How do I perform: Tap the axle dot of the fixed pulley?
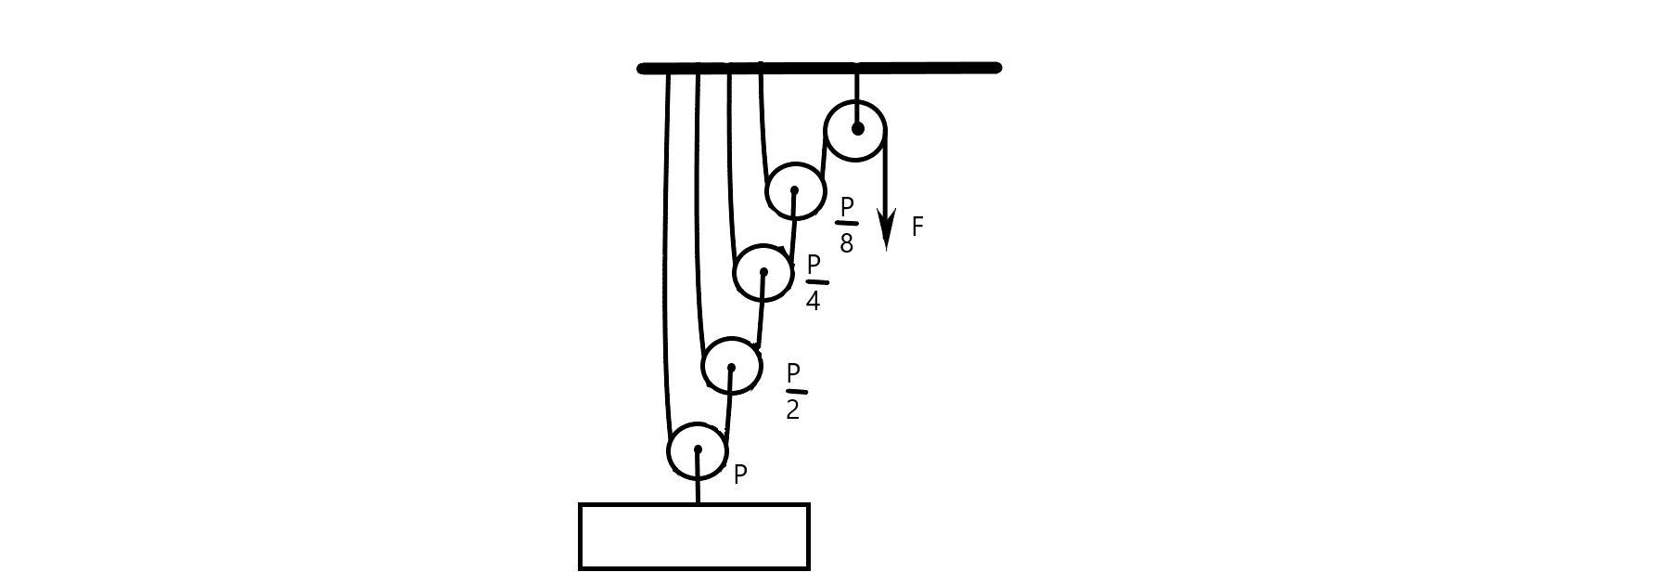[857, 129]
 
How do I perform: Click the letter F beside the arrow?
[917, 227]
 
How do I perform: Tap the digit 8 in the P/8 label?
[846, 243]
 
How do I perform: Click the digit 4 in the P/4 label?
[813, 301]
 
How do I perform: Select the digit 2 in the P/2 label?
[793, 409]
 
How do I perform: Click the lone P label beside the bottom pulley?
[740, 474]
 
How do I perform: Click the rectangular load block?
[695, 537]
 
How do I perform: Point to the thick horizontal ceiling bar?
[819, 68]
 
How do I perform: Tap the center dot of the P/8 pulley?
[794, 190]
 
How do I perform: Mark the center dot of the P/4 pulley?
[763, 272]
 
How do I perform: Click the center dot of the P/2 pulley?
[732, 368]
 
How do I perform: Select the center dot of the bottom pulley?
[698, 449]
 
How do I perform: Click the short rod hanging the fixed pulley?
[857, 86]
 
